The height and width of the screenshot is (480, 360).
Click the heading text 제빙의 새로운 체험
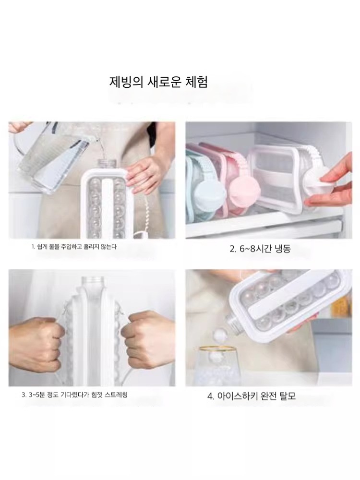coord(158,82)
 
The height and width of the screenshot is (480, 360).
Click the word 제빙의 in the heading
coord(126,82)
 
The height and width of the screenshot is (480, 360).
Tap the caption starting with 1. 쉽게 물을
coord(74,247)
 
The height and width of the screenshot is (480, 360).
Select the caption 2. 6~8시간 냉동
coord(260,249)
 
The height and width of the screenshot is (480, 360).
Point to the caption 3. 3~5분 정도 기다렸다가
coord(75,395)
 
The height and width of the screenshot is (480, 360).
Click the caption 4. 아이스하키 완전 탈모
coord(252,396)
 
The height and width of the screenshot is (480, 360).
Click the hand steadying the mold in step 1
coord(146,175)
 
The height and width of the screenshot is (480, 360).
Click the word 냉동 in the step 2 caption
coord(283,249)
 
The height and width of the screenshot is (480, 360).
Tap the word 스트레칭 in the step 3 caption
coord(116,395)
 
